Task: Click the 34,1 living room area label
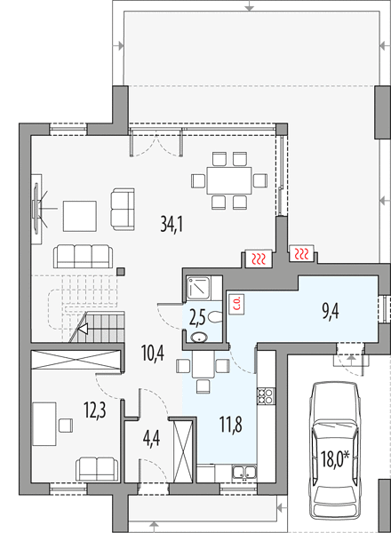pyautogui.click(x=172, y=224)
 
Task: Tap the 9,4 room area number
pyautogui.click(x=331, y=312)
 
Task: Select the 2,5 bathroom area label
pyautogui.click(x=197, y=319)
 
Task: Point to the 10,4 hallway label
pyautogui.click(x=153, y=354)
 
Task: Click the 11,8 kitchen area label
pyautogui.click(x=231, y=425)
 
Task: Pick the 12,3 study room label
pyautogui.click(x=95, y=410)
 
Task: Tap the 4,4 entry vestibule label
pyautogui.click(x=152, y=439)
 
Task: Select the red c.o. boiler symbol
pyautogui.click(x=237, y=304)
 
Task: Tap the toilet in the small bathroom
pyautogui.click(x=215, y=317)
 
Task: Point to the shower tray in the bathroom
pyautogui.click(x=199, y=288)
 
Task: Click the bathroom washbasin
pyautogui.click(x=199, y=338)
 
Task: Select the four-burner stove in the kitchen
pyautogui.click(x=266, y=396)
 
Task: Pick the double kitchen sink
pyautogui.click(x=244, y=472)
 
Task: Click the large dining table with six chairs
pyautogui.click(x=229, y=180)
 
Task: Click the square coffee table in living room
pyautogui.click(x=80, y=216)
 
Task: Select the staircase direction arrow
pyautogui.click(x=84, y=329)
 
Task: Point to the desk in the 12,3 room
pyautogui.click(x=44, y=424)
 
